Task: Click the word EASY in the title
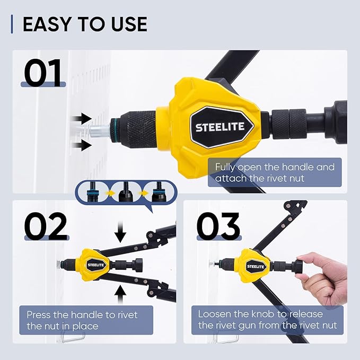point(47,24)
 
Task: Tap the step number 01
point(43,73)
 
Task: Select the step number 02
point(46,226)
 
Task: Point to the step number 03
point(218,226)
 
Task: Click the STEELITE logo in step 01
point(220,127)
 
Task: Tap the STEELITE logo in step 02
point(95,265)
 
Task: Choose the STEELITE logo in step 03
point(256,267)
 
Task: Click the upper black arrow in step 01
point(82,119)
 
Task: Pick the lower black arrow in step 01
point(82,145)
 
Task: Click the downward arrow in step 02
point(120,232)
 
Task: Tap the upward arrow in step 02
point(120,295)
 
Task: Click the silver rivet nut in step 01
point(99,131)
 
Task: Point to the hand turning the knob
point(322,278)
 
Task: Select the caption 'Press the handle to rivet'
point(82,315)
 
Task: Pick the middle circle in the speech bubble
point(126,192)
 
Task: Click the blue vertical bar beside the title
point(12,24)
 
